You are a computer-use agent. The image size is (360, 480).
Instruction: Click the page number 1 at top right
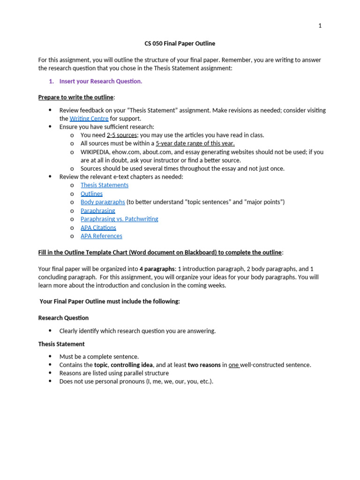320,26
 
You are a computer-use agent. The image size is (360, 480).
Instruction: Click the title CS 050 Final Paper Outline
180,44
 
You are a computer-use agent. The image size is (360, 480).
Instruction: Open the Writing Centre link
89,119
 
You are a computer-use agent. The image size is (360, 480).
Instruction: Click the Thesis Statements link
105,185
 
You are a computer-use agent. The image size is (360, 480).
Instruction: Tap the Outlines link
91,194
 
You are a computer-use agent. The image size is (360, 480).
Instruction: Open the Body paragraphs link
103,202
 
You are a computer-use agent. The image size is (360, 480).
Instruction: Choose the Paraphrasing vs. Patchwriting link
119,219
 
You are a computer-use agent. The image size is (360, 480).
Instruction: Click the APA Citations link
98,227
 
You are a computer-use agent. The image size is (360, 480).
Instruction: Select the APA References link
101,236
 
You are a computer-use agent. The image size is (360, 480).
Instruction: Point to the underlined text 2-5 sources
122,135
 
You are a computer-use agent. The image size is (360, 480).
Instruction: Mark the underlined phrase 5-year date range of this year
195,143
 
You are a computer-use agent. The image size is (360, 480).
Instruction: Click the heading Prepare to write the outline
75,97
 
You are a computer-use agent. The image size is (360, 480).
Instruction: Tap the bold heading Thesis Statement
61,344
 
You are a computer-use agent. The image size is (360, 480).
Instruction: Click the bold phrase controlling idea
132,365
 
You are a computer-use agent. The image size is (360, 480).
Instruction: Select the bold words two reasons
204,365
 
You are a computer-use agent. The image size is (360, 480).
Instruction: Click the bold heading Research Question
63,318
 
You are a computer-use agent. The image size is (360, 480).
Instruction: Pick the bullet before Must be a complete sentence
51,357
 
